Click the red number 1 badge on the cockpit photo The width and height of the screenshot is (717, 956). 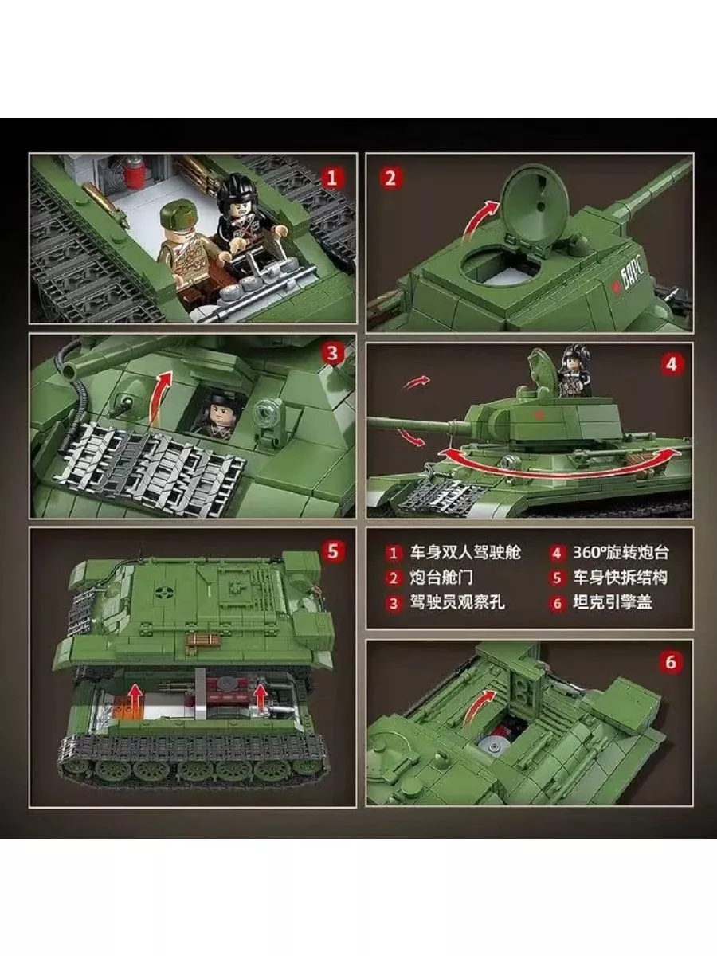pos(331,178)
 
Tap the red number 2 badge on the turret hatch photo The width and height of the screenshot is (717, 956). pos(390,178)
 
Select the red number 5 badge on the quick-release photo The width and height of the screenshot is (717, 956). pos(332,551)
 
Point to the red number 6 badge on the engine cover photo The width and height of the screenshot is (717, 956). pos(671,662)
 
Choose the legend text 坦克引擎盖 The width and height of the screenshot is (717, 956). pos(612,602)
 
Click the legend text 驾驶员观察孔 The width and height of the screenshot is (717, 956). pos(457,602)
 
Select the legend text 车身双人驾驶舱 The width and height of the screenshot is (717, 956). pos(465,553)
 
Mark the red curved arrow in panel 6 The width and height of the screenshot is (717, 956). pos(480,707)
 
